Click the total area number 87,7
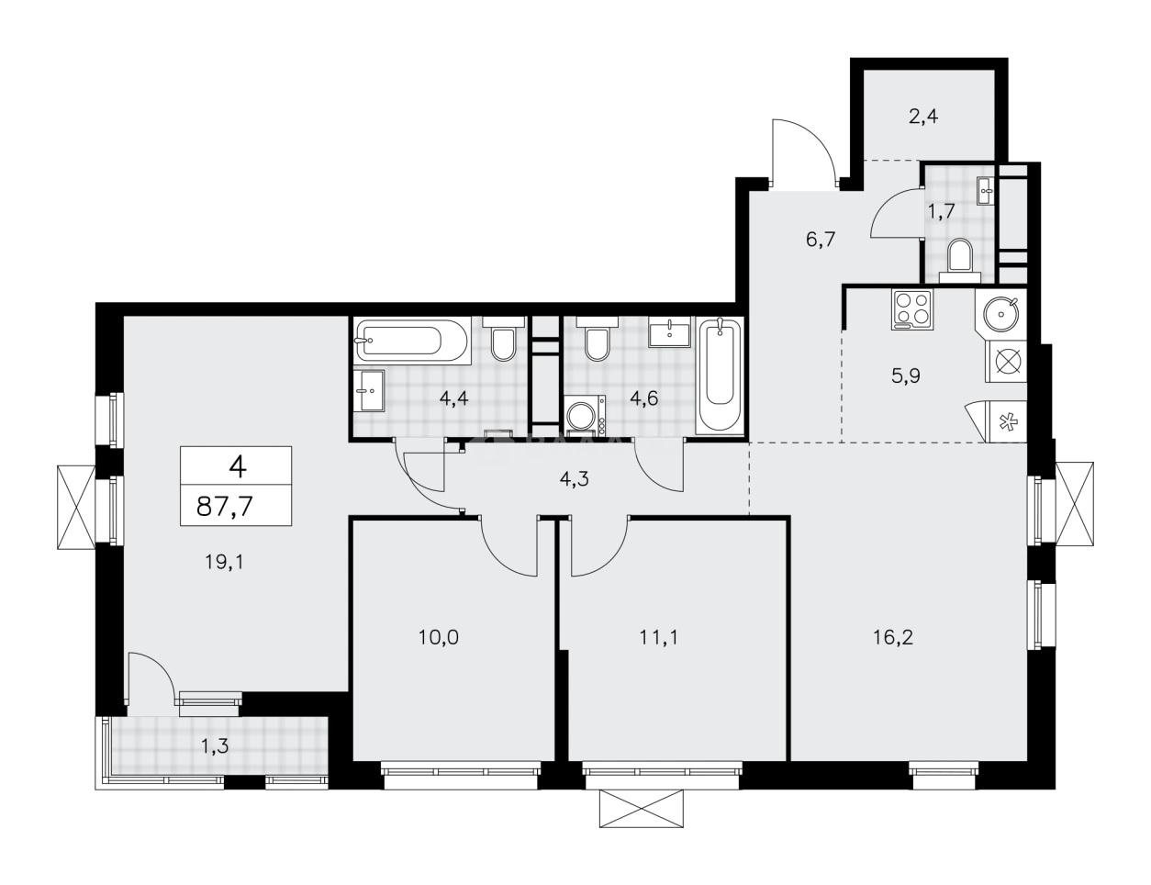point(236,507)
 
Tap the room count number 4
point(237,468)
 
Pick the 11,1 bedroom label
point(659,636)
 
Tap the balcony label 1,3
point(215,745)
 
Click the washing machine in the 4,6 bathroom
point(584,417)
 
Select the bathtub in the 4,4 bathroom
point(411,342)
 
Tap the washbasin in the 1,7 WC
point(987,192)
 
